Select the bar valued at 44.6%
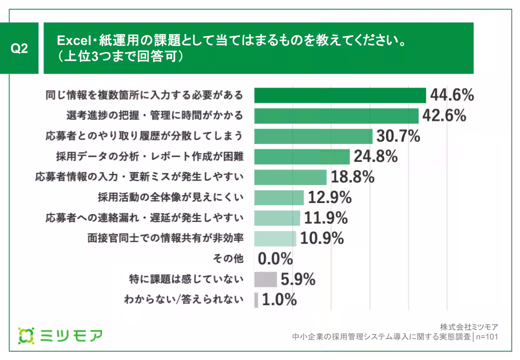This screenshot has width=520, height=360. coord(339,95)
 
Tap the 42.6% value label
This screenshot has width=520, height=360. coord(444,115)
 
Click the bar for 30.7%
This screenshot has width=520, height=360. coord(313,136)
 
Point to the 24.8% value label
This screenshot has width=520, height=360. coord(375,156)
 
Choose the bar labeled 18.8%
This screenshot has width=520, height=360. coord(290,177)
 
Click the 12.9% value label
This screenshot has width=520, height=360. coord(329,198)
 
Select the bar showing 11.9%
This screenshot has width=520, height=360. coord(277,218)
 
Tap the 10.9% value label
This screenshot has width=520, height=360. coord(321,238)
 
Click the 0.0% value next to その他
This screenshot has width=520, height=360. coord(275,259)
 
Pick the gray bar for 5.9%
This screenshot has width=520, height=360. coord(265,279)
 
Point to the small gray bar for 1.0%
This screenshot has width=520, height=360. coord(256,300)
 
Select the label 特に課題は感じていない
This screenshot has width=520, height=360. coord(186,279)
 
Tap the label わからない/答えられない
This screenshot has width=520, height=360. coord(183,300)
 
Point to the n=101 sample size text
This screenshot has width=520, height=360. coord(487,336)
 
